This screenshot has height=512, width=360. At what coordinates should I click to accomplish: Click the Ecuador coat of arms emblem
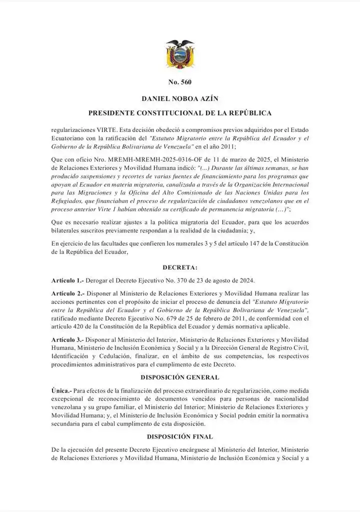[x=179, y=54]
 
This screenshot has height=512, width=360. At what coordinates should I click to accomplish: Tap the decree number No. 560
[x=180, y=82]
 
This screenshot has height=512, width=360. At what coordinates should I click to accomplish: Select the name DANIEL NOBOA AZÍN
[x=180, y=98]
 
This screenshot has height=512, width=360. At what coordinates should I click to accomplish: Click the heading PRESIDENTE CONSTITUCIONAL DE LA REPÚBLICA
[x=180, y=113]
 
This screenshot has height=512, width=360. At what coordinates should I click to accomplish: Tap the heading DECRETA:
[x=180, y=268]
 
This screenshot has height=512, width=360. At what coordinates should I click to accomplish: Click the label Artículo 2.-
[x=67, y=293]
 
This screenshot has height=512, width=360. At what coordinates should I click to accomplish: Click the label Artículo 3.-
[x=67, y=340]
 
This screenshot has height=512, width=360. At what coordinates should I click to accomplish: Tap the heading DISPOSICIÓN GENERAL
[x=180, y=377]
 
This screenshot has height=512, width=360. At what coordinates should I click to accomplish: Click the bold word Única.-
[x=61, y=390]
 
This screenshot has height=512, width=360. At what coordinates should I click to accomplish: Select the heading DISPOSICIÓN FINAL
[x=180, y=436]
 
